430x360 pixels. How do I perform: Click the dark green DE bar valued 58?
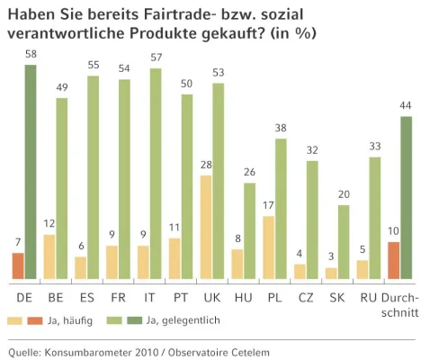point(31,171)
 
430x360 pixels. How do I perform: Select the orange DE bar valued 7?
point(18,266)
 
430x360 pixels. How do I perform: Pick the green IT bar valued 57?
point(157,173)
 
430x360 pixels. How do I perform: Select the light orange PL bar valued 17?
point(269,247)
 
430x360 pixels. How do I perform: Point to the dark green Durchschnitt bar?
point(407,197)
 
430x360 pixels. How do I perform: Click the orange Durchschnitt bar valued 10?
point(393,261)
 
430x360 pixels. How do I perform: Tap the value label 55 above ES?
point(94,66)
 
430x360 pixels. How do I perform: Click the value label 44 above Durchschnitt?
point(407,106)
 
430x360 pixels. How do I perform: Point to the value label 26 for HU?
point(250,172)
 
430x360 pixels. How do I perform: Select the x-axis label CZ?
point(306,296)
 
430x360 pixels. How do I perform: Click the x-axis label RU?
point(368,296)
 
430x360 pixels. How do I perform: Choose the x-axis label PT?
point(181,296)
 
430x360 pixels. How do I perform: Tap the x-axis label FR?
point(119,296)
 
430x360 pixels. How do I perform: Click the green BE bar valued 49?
point(62,188)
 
